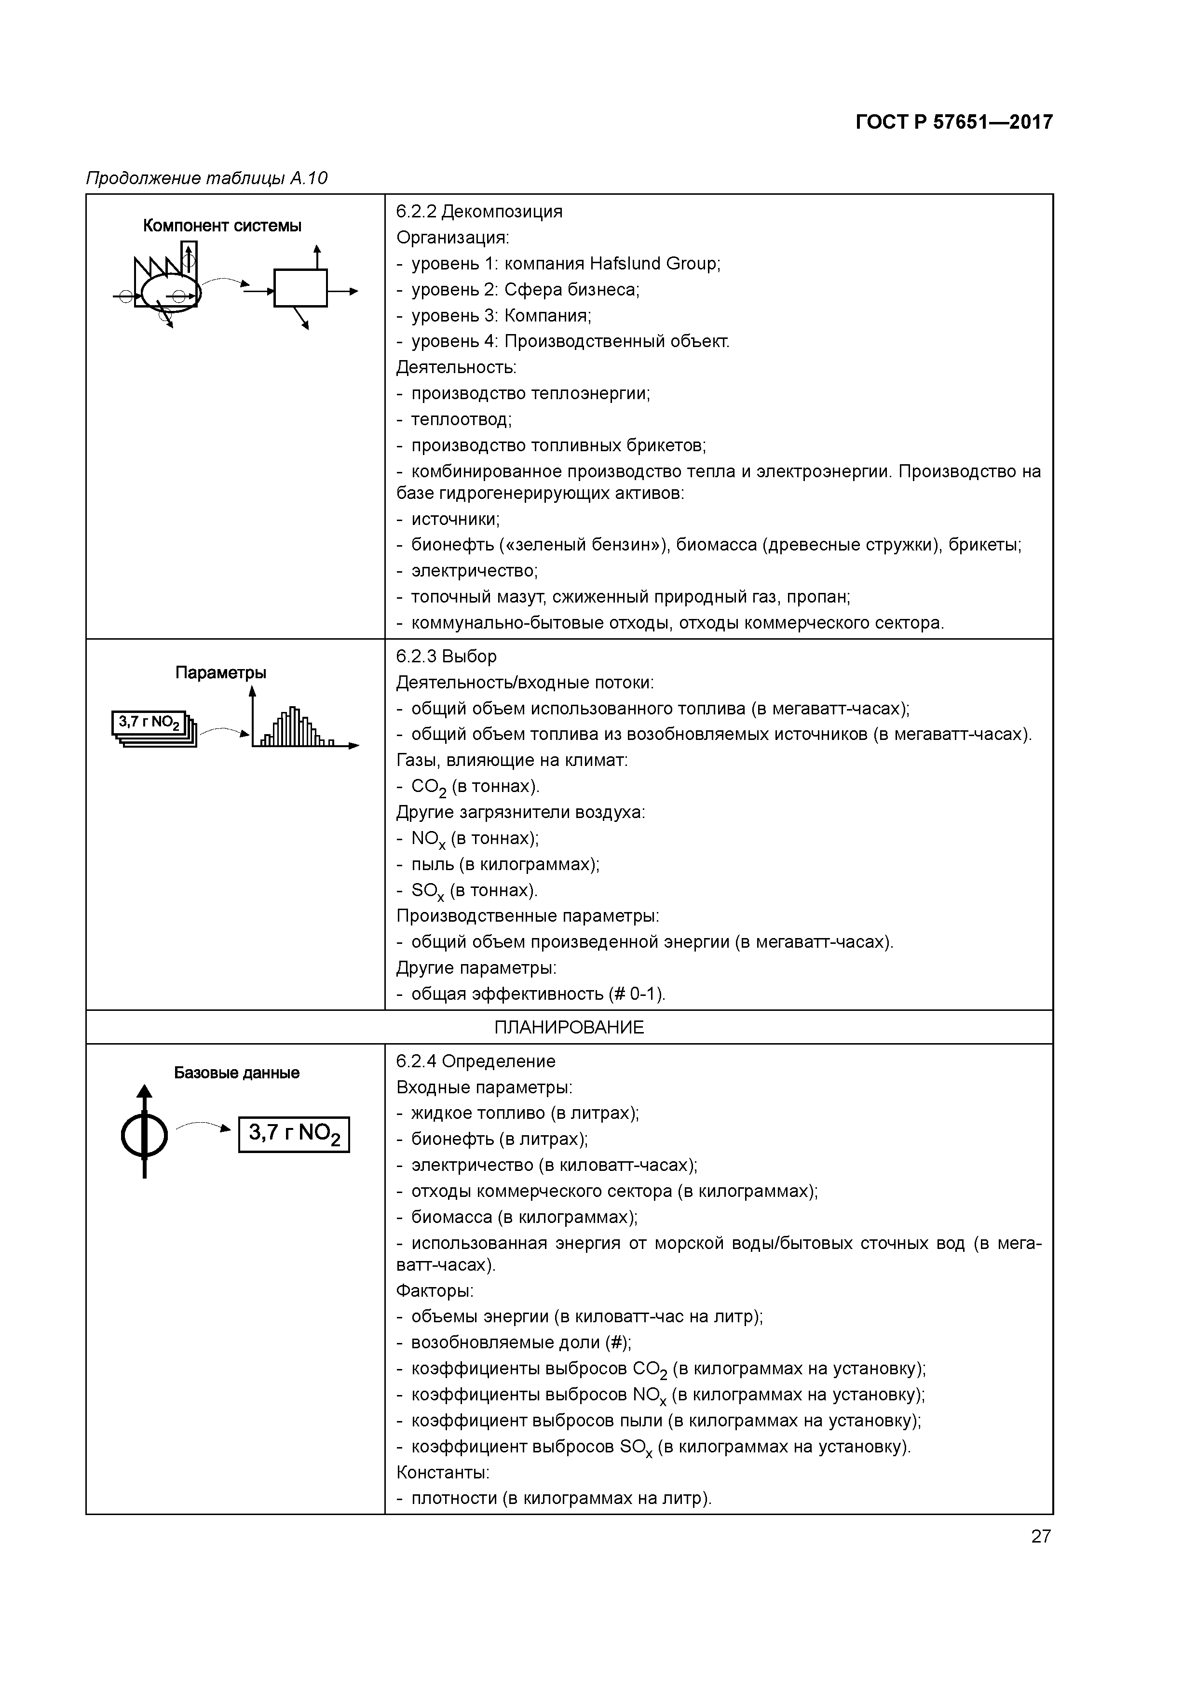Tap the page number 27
(1041, 1536)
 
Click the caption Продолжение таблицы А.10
(207, 178)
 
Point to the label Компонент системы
(222, 226)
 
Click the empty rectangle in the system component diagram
(300, 288)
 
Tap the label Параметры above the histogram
(220, 672)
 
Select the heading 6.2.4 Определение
(476, 1061)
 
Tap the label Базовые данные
(236, 1073)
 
